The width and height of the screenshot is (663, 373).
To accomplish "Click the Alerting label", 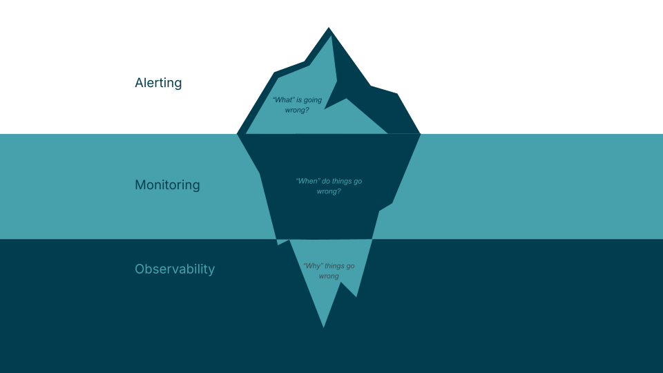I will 158,83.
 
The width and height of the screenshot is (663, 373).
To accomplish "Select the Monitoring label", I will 167,185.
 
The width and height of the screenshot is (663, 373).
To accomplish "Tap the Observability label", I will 175,269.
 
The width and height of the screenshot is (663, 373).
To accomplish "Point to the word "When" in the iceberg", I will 307,181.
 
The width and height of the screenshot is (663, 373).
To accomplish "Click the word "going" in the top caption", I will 311,100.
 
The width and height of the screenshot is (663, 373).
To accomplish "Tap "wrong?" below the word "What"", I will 297,110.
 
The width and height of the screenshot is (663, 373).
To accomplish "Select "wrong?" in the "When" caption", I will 329,191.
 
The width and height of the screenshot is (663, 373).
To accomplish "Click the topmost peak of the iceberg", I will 329,28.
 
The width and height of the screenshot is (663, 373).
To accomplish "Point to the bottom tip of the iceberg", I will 323,326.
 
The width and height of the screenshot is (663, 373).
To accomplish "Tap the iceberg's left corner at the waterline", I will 238,133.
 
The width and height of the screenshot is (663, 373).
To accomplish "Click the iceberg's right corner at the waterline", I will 420,133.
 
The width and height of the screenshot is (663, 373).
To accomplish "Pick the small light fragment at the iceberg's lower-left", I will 282,242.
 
